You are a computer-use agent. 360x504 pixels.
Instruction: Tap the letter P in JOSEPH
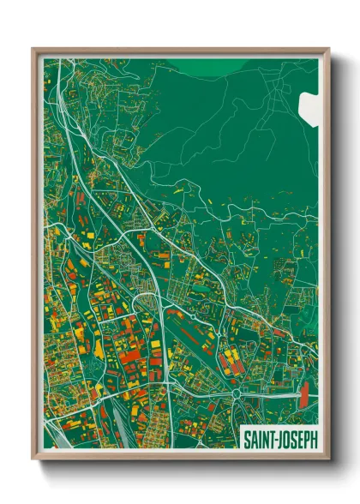304,438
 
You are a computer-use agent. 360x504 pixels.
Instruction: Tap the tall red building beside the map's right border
303,395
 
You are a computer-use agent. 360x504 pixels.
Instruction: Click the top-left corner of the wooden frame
33,49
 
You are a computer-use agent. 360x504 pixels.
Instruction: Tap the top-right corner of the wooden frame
328,49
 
